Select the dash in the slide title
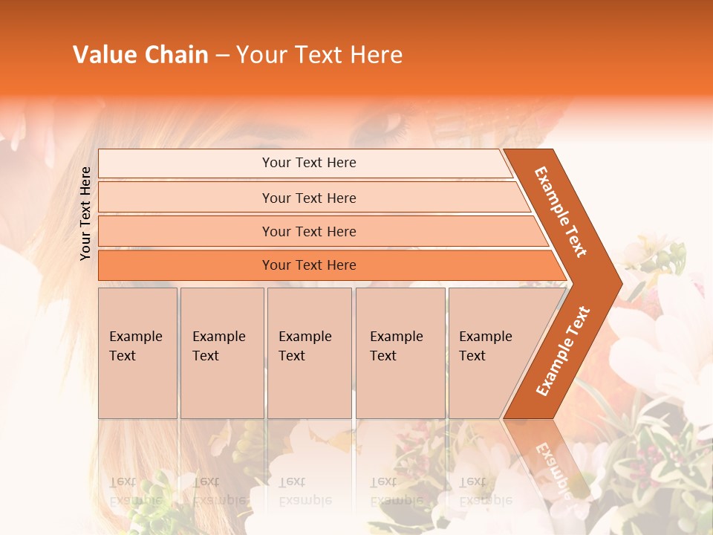(222, 56)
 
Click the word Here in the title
(376, 55)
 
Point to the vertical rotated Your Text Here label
(85, 214)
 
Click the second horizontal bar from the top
(308, 198)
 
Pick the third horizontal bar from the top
(308, 231)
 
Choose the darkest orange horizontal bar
(308, 265)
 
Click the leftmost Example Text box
(137, 353)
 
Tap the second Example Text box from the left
(222, 353)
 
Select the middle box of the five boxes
(309, 353)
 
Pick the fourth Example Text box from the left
(400, 353)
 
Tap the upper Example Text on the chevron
(561, 212)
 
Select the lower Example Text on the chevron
(563, 351)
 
